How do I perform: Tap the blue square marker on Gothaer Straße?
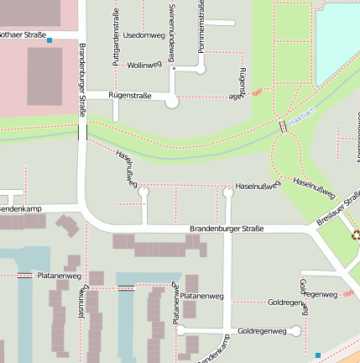pos(50,40)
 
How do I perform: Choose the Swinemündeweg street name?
pos(171,32)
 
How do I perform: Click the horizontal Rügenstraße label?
pos(131,96)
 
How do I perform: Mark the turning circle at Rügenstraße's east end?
pos(172,102)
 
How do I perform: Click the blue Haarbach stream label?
pos(300,111)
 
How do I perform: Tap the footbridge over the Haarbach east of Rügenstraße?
pos(283,126)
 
